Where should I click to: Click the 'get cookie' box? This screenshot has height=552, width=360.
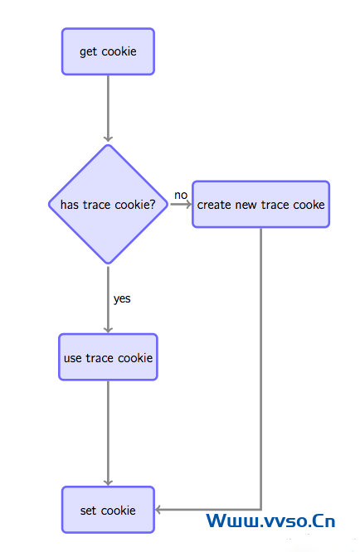(x=108, y=51)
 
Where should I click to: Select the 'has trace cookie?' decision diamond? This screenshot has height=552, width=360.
(x=108, y=204)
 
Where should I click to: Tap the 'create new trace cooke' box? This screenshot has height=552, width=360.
(x=260, y=204)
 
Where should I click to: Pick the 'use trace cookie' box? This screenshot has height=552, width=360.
(x=108, y=357)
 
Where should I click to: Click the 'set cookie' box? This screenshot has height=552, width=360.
(x=108, y=510)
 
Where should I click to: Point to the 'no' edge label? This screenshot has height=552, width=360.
(x=181, y=195)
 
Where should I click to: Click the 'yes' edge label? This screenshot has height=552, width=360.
(x=122, y=299)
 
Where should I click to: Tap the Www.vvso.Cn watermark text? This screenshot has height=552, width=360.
(x=270, y=521)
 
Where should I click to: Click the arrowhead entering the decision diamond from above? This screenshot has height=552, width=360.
(x=108, y=138)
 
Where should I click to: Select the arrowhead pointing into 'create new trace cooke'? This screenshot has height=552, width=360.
(x=188, y=204)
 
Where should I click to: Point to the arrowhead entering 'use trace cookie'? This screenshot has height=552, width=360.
(x=108, y=330)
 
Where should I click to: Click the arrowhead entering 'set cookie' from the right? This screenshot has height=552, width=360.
(x=158, y=510)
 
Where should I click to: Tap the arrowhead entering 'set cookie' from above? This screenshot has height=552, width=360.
(x=108, y=482)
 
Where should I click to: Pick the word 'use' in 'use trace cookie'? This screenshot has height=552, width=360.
(x=73, y=358)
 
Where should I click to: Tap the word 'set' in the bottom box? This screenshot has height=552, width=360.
(x=88, y=511)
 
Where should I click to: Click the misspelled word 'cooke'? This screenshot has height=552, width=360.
(x=309, y=205)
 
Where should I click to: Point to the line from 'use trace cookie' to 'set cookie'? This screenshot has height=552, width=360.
(x=108, y=433)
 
